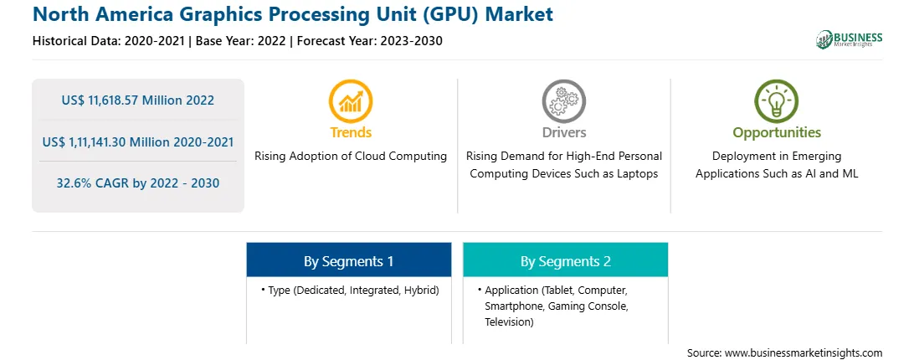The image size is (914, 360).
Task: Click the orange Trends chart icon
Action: coord(351,101)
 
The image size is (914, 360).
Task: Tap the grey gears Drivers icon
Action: coord(563,101)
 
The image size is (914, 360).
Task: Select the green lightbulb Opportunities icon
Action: coord(777,101)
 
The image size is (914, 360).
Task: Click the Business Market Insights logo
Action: coord(850,39)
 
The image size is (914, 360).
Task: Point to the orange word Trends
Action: coord(351,132)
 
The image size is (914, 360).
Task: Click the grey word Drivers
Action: coord(563,132)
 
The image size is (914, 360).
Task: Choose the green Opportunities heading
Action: coord(777,133)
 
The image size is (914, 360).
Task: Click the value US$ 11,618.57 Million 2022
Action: coord(137,100)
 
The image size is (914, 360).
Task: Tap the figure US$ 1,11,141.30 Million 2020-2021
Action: coord(138,141)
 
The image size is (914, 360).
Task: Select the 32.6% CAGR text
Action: coord(138,183)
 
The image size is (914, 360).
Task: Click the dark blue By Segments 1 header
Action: coord(348,261)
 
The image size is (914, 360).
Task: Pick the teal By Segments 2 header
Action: coord(566,261)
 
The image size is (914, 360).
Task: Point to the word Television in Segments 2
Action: coord(509,321)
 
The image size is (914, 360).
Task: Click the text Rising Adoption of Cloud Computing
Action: coord(351,157)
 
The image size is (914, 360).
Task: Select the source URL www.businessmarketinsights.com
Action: coord(804,353)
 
